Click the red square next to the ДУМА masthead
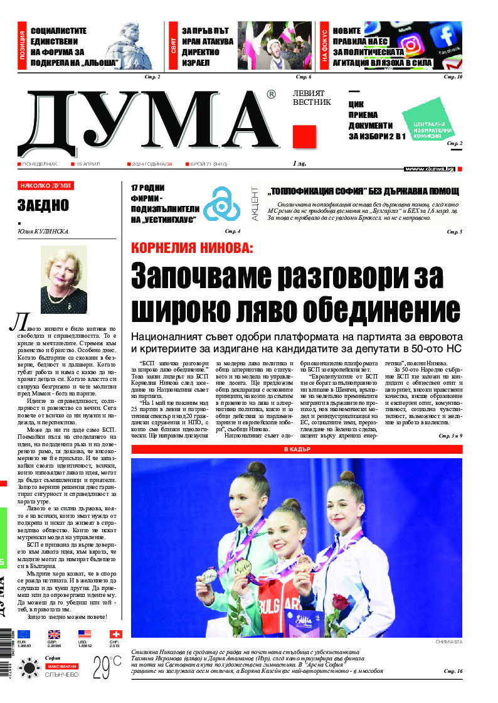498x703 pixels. point(304,136)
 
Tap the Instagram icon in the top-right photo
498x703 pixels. point(411,45)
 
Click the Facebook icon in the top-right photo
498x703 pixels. point(447,35)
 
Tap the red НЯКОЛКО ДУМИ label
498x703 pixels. point(46,186)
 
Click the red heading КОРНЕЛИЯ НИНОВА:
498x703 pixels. point(192,247)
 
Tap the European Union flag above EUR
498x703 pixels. point(24,634)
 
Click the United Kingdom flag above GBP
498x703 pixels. point(54,634)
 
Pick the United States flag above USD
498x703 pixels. point(84,634)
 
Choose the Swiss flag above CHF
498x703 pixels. point(115,634)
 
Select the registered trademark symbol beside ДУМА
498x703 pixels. point(271,95)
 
